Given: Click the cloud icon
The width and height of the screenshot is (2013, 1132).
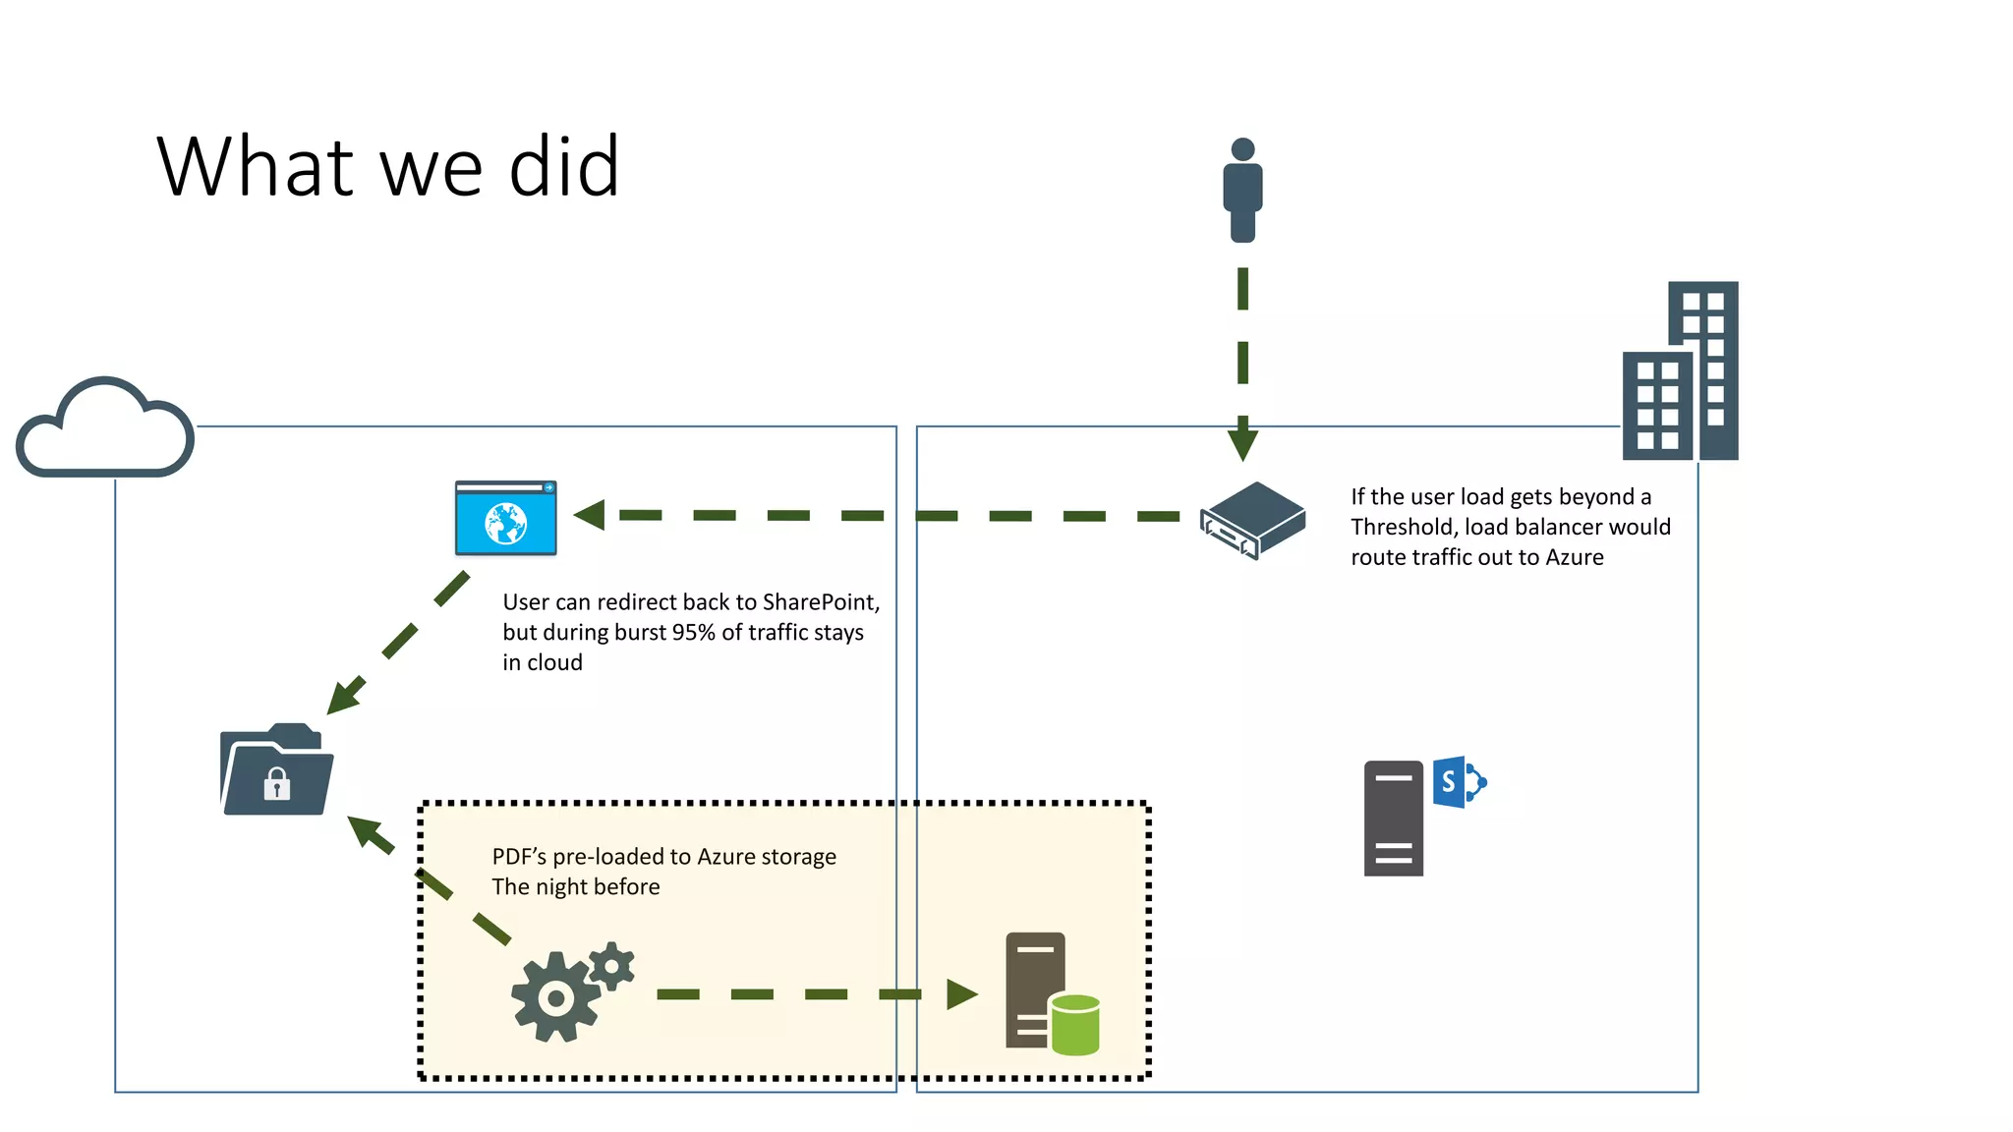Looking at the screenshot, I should pyautogui.click(x=105, y=429).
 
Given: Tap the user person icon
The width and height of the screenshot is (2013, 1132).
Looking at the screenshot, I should pyautogui.click(x=1242, y=190).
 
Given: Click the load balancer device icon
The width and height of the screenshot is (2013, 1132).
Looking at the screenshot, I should pyautogui.click(x=1253, y=520).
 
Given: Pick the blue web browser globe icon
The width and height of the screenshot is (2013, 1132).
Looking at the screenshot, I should pyautogui.click(x=506, y=518).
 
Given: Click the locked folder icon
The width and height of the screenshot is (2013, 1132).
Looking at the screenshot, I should pyautogui.click(x=276, y=771).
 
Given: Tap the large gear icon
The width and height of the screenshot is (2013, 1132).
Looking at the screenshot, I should pyautogui.click(x=555, y=996).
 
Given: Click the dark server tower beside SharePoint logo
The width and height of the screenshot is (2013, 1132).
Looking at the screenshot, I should pyautogui.click(x=1393, y=818).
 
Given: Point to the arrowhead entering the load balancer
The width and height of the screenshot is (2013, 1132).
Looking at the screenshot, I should pyautogui.click(x=1242, y=440).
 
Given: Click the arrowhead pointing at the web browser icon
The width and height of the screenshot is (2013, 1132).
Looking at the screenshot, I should pyautogui.click(x=590, y=515).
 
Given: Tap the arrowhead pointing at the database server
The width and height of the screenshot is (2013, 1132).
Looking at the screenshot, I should pyautogui.click(x=961, y=994).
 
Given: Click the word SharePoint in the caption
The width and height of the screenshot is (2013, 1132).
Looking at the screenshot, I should pyautogui.click(x=819, y=601).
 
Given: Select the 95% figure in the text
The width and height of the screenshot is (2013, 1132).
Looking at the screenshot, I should pyautogui.click(x=693, y=632).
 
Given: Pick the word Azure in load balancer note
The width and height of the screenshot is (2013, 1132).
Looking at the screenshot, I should pyautogui.click(x=1575, y=557).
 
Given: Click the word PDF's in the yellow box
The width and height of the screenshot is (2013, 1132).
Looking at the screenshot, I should pyautogui.click(x=518, y=857).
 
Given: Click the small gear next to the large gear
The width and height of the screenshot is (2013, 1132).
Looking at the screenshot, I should pyautogui.click(x=612, y=966).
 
